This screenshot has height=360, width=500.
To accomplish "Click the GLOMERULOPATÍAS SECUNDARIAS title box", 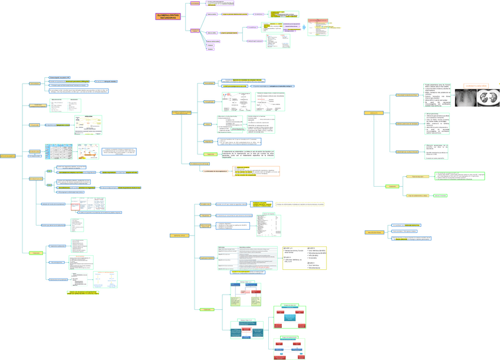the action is click(x=168, y=16).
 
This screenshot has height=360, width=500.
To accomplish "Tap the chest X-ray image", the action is click(x=466, y=98).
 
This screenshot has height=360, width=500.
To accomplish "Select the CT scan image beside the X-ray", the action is click(x=489, y=98).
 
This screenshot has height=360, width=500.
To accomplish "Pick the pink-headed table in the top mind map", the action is click(x=317, y=27).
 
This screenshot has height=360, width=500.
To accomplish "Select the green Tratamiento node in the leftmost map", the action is click(x=35, y=253).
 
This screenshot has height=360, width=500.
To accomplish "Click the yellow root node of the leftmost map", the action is click(x=8, y=156).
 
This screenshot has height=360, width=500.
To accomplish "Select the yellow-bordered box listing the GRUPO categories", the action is click(x=304, y=258).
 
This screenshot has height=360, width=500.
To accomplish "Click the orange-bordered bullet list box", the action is click(x=257, y=171).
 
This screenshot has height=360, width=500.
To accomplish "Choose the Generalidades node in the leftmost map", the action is click(x=35, y=84).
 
